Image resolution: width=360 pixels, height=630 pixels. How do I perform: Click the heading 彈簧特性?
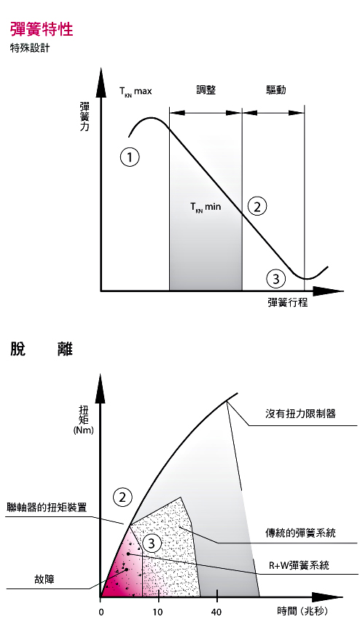click(x=42, y=30)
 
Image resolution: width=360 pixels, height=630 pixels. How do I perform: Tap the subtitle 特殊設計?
click(x=30, y=49)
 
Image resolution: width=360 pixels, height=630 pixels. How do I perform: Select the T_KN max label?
click(x=136, y=91)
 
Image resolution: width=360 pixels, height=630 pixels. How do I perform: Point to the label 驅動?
click(x=276, y=90)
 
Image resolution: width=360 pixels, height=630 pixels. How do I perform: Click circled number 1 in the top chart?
click(x=130, y=157)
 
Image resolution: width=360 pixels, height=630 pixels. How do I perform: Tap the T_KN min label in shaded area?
click(x=206, y=208)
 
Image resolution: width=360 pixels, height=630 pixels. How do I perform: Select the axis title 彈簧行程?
click(x=288, y=302)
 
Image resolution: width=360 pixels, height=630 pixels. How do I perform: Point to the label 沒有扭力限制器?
click(x=300, y=414)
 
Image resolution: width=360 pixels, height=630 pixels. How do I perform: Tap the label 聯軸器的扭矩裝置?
click(x=47, y=507)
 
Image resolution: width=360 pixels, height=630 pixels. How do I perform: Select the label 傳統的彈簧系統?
click(x=300, y=533)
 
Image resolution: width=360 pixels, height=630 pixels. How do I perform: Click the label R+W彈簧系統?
click(x=299, y=565)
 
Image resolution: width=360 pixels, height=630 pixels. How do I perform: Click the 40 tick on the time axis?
click(x=217, y=613)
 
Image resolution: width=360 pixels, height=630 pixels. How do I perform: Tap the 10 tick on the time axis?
click(x=159, y=613)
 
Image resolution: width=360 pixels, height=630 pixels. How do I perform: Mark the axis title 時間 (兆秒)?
click(x=302, y=612)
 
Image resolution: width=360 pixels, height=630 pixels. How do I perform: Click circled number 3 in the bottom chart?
click(x=152, y=544)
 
